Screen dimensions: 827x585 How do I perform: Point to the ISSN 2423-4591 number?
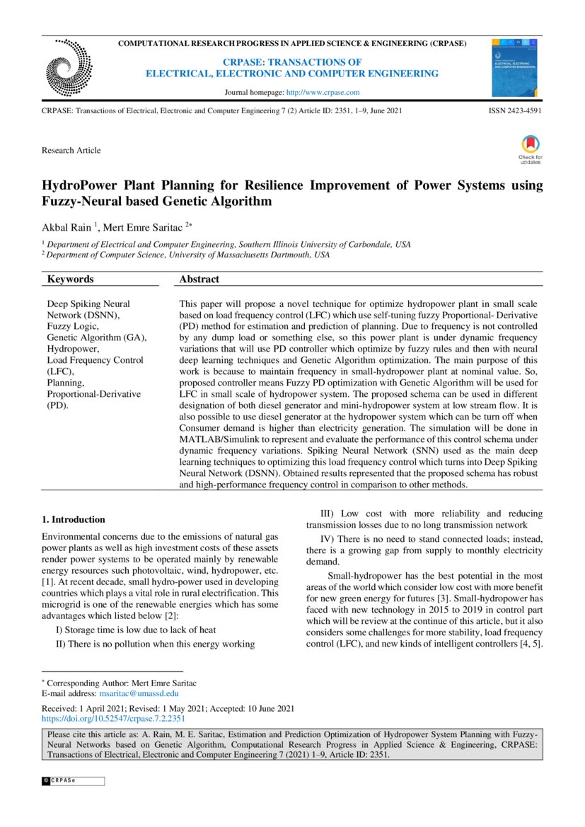[x=516, y=112]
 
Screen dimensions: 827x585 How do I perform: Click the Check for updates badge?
[x=530, y=149]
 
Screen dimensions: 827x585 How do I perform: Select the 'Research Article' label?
[x=71, y=150]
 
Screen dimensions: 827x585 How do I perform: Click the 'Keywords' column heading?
[x=70, y=279]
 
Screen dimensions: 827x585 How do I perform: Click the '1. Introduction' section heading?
[x=74, y=519]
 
